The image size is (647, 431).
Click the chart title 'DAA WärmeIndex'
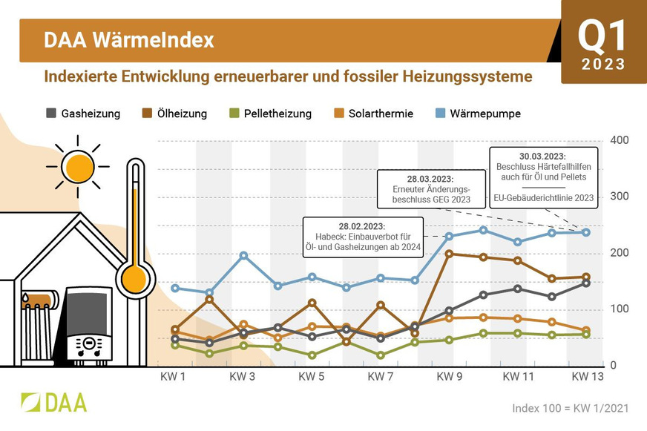tap(129, 40)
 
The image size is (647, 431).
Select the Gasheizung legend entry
tap(83, 113)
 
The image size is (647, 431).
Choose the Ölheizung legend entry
tap(174, 113)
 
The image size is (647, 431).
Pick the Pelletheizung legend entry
tap(270, 113)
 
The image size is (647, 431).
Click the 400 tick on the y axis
tap(618, 140)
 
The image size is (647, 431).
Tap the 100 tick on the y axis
tap(618, 309)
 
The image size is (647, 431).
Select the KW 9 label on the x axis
tap(449, 377)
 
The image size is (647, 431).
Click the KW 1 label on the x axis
tap(174, 377)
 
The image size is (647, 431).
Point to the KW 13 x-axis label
tap(587, 377)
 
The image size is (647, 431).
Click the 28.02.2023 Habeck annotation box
tap(362, 236)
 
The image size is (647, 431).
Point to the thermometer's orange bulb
tap(134, 279)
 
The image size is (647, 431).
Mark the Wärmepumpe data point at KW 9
tap(449, 237)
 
